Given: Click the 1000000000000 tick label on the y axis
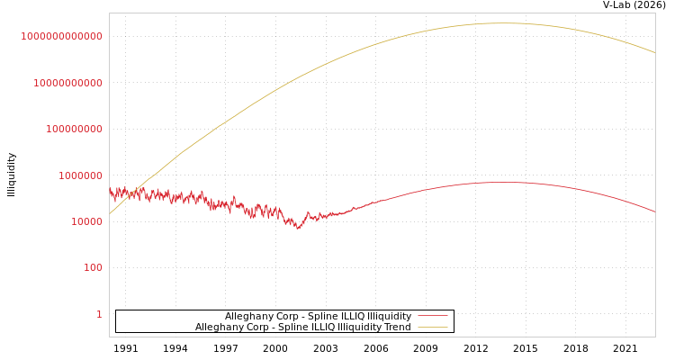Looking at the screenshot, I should tap(61, 36).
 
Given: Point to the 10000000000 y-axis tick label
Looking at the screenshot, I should tap(67, 83).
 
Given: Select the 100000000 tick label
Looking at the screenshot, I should tap(74, 129).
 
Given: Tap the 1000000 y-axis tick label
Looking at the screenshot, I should tap(80, 175).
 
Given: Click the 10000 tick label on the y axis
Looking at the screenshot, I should tap(86, 221).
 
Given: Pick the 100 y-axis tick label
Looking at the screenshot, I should tap(93, 267).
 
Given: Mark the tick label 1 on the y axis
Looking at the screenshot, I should tap(99, 314).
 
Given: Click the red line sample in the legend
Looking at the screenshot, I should tap(432, 316).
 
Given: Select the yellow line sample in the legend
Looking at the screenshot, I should tap(432, 327).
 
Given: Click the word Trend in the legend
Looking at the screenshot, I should tap(397, 327).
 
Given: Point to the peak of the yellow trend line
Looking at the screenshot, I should tap(504, 23).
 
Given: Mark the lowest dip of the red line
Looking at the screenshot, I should tap(299, 228).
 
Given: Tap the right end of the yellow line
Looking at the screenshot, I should tap(655, 53).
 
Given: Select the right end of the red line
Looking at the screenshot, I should tap(655, 211).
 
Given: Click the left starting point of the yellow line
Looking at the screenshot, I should tap(110, 213).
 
